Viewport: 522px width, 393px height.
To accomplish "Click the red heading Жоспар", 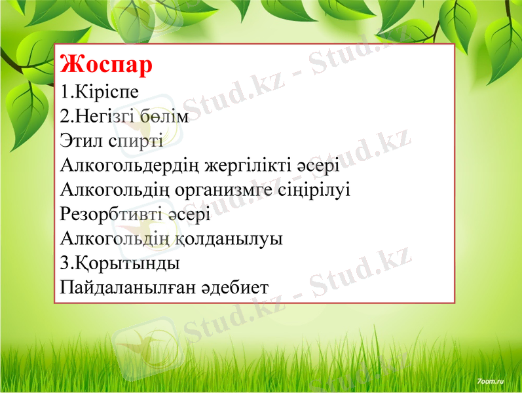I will click(x=106, y=65).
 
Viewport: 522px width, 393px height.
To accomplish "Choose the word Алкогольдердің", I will click(x=131, y=166).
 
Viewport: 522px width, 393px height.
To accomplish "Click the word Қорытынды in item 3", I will click(x=124, y=263).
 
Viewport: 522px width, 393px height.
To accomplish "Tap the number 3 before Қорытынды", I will click(x=64, y=263).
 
